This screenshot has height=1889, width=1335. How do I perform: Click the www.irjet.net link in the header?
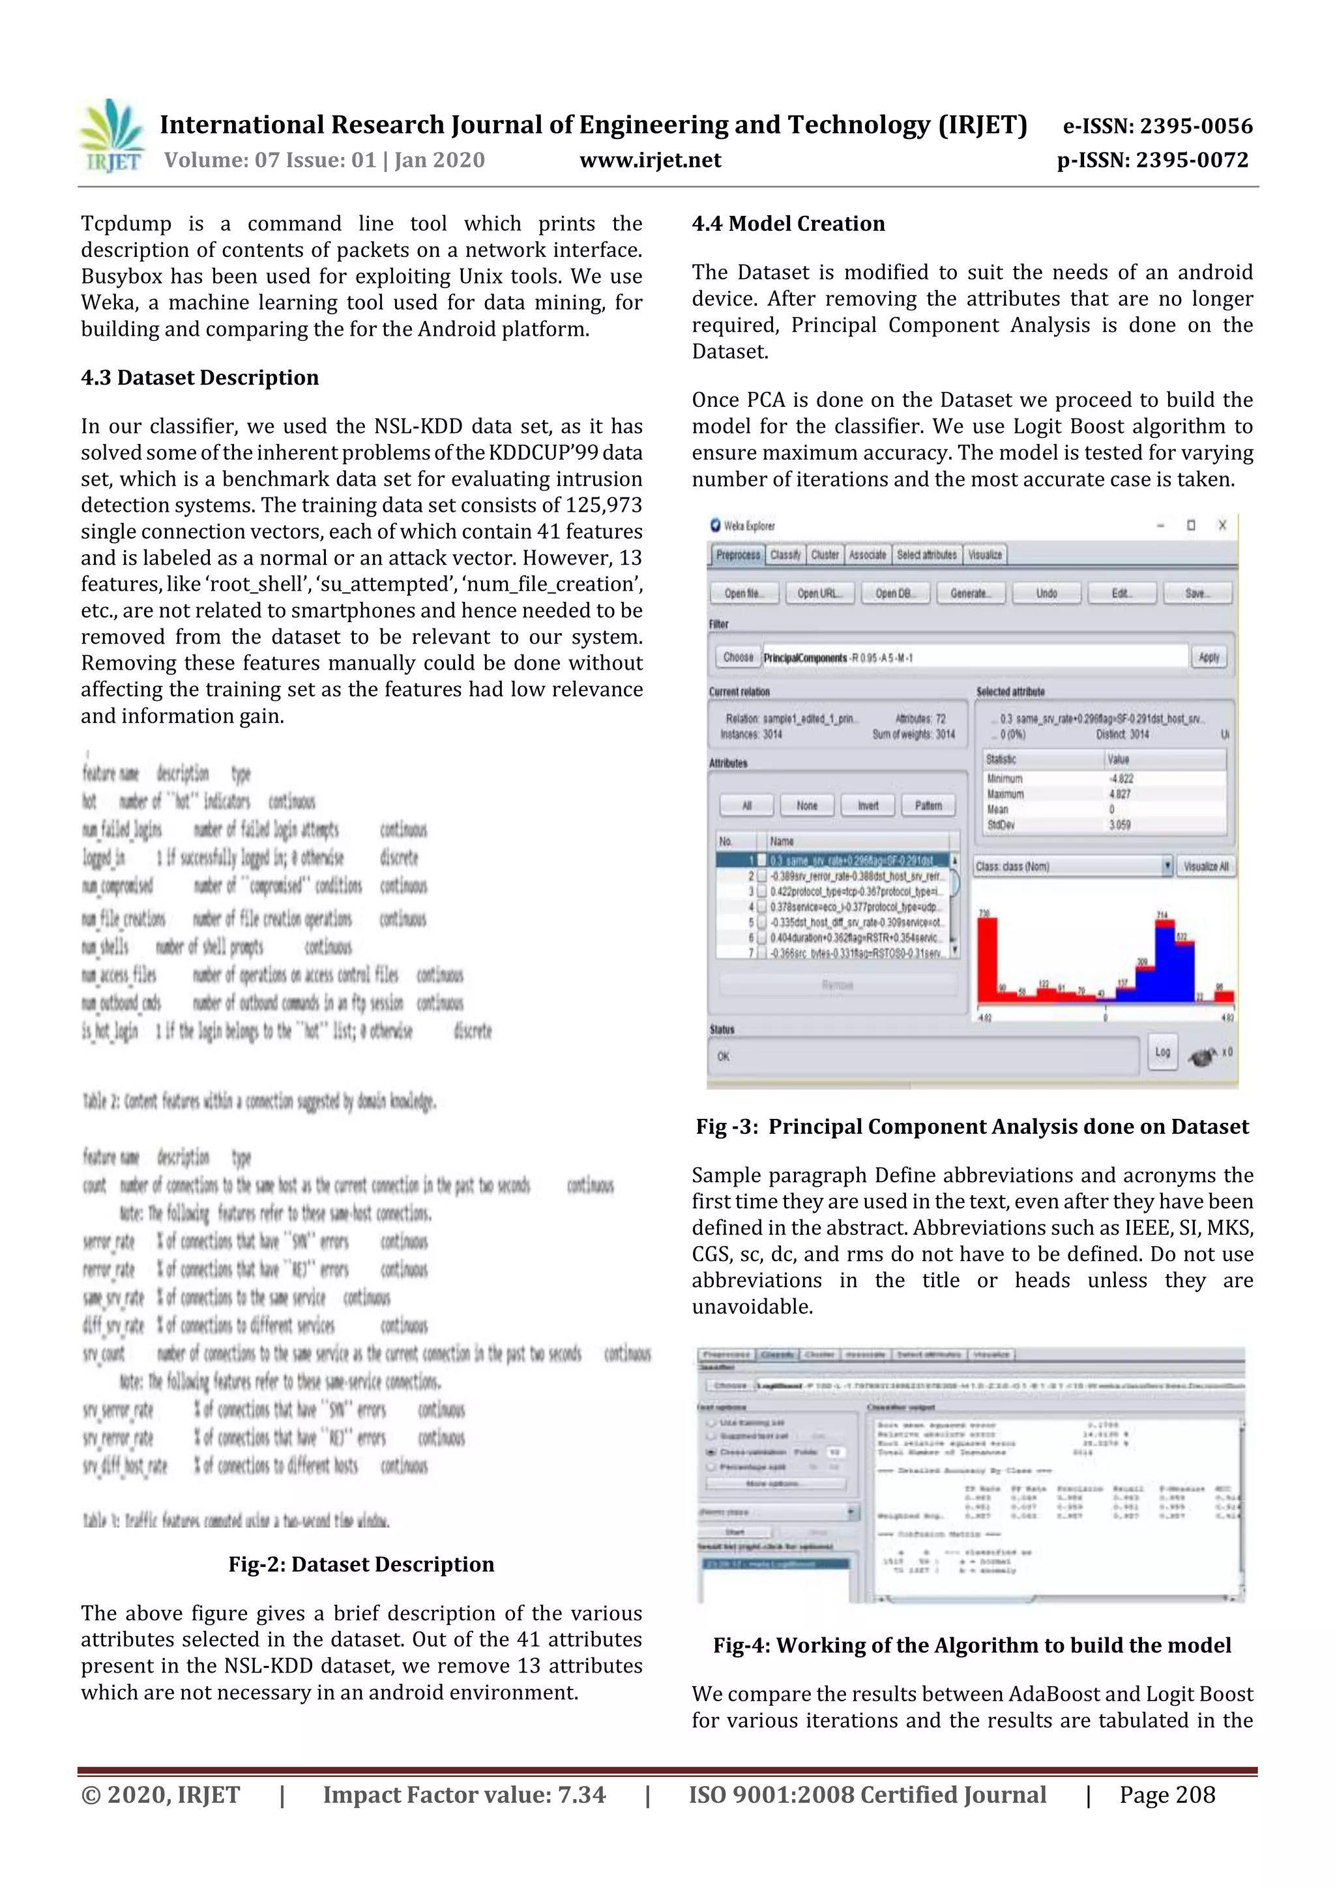click(x=650, y=160)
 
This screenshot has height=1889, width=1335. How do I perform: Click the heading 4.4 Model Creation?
click(x=788, y=224)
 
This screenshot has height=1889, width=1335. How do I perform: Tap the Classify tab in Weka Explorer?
click(x=785, y=556)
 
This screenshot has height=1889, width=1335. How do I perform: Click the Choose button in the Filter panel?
click(x=737, y=657)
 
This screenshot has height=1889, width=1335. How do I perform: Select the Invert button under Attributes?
click(x=868, y=805)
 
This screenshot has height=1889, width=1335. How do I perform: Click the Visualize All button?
click(x=1206, y=867)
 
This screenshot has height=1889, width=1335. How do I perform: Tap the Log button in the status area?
click(x=1162, y=1052)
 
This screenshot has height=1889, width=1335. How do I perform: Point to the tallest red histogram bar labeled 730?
click(x=987, y=959)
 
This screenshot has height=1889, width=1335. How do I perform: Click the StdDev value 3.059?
click(x=1119, y=824)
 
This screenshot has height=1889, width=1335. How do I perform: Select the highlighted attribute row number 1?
click(x=835, y=860)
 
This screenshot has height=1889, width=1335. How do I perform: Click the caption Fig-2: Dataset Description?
click(x=361, y=1565)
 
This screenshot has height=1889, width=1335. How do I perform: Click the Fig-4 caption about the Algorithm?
click(x=971, y=1646)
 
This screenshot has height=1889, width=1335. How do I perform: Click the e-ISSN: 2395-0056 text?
click(x=1157, y=126)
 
